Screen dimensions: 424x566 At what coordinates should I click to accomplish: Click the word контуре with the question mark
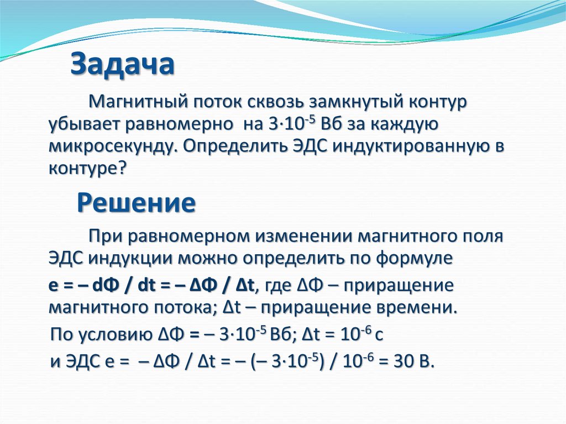(87, 167)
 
